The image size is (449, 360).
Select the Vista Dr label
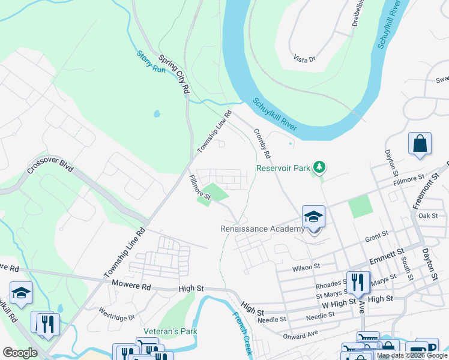[x=304, y=59]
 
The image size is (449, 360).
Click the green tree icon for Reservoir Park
[x=321, y=167]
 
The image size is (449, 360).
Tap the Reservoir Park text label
[x=283, y=168]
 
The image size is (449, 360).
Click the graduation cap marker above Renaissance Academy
[x=313, y=217]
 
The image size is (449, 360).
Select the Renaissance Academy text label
[x=262, y=229]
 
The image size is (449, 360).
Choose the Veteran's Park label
[x=170, y=331]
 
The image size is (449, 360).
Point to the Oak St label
[x=428, y=216]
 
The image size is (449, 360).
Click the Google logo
[x=20, y=352]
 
